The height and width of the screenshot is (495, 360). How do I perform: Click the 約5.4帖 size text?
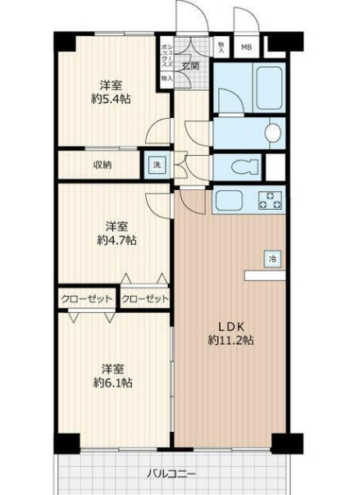112,99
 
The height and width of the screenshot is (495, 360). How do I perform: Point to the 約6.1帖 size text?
112,383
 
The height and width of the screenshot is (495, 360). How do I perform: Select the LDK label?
230,323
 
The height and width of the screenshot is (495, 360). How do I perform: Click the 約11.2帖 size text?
230,338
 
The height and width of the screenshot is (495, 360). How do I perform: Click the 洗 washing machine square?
156,164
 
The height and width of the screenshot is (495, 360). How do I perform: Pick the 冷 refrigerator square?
271,258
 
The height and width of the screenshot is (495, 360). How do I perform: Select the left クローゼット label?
86,298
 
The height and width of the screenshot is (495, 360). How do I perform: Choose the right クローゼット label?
145,298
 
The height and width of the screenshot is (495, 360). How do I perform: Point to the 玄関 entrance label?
190,66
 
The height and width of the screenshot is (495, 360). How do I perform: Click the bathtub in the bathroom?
256,86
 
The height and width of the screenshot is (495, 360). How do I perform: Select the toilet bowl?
244,167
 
